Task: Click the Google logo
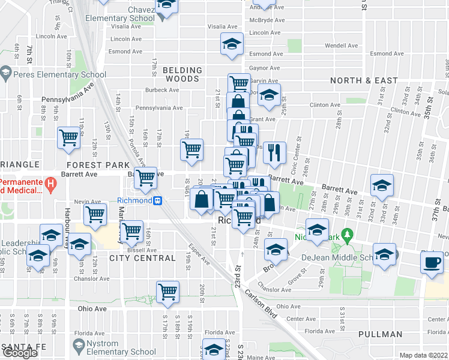coord(19,353)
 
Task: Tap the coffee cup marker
coord(432,262)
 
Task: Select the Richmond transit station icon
coord(157,201)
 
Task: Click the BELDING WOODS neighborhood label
coord(181,74)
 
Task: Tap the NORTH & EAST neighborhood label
coord(364,80)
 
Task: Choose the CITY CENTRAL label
coord(143,258)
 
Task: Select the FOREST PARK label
coord(98,164)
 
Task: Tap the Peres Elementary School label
coord(59,75)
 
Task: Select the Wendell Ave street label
coord(341,45)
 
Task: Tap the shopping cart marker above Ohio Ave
coord(167,292)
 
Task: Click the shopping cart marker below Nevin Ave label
coord(95,214)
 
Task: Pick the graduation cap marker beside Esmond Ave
coord(231,45)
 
